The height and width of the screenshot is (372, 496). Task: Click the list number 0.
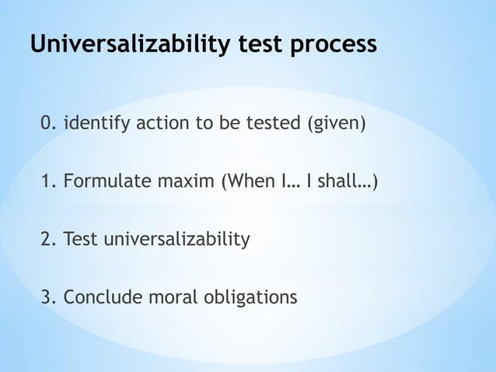48,123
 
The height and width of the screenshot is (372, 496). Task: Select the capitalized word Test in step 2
80,240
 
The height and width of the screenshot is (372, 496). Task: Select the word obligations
249,297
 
